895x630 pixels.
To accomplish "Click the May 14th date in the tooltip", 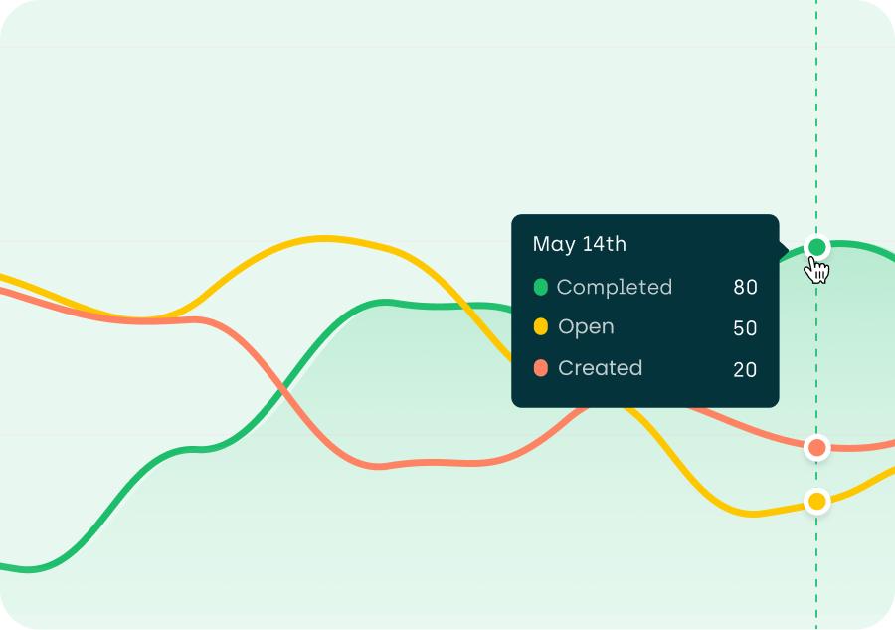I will [579, 244].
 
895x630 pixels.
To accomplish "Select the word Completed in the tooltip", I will [614, 287].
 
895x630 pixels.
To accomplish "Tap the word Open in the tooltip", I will [586, 327].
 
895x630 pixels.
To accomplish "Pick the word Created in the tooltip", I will [600, 368].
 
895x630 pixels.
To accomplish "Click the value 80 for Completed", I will [745, 288].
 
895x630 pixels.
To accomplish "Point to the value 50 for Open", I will [745, 328].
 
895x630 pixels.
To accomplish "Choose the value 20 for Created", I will [745, 370].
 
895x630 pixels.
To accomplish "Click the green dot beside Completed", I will [541, 287].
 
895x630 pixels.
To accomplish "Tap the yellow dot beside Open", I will [541, 327].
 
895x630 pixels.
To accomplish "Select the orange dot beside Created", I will [541, 368].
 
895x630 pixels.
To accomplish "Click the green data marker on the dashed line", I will [817, 247].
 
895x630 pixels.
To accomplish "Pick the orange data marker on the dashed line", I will [817, 448].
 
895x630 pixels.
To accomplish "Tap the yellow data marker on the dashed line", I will [817, 501].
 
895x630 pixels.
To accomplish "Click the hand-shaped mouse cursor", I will [818, 270].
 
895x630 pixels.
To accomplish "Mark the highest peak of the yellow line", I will [324, 238].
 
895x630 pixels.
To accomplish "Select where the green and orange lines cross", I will [287, 383].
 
